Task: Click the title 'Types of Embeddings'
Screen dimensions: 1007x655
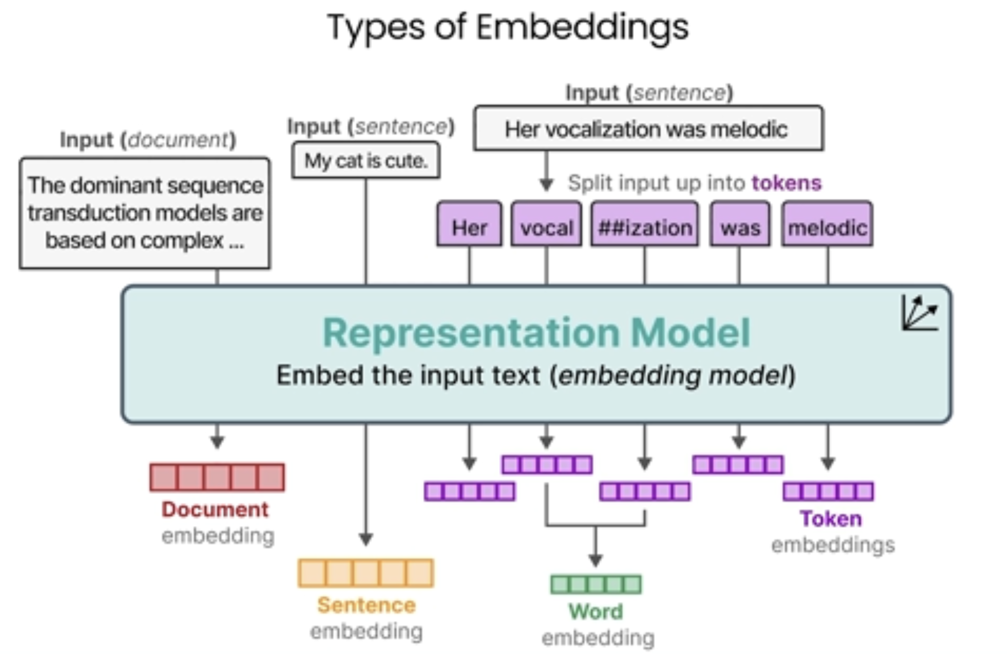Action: [x=508, y=28]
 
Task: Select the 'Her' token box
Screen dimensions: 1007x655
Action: [x=469, y=224]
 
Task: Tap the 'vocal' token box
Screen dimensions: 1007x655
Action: [x=546, y=224]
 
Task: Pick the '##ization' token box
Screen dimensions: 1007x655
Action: [x=645, y=224]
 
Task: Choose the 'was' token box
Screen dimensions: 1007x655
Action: [x=740, y=224]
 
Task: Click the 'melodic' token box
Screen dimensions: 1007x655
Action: [x=827, y=224]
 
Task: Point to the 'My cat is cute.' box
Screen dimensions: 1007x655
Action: [x=366, y=160]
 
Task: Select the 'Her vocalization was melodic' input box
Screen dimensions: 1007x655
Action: [x=649, y=128]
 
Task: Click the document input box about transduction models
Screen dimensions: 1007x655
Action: [x=145, y=213]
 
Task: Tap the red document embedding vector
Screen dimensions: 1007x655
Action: [x=217, y=477]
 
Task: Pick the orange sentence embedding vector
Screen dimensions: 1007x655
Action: [x=366, y=573]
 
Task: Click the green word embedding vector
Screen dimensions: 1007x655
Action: [x=596, y=584]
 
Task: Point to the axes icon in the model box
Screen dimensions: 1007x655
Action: [x=920, y=313]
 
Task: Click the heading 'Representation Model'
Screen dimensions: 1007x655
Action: [x=536, y=332]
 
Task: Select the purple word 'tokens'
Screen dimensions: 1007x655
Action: [x=787, y=183]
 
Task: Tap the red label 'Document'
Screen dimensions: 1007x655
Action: [x=215, y=509]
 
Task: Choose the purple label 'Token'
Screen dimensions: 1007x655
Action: [x=831, y=519]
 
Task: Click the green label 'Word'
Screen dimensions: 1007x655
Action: [x=596, y=611]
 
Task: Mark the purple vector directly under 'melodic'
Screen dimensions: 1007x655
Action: [x=828, y=491]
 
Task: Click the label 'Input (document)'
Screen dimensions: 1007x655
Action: [x=148, y=140]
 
